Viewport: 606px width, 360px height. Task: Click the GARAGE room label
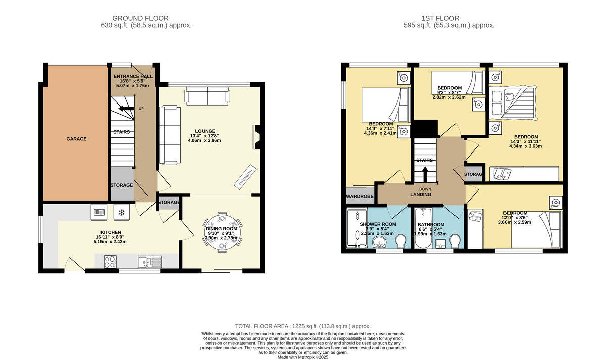pos(76,139)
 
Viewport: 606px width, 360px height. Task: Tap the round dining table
pos(222,232)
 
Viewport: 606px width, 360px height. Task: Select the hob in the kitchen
pos(111,262)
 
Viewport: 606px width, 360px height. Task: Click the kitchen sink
pos(149,262)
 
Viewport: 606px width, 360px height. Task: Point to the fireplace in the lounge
pos(257,137)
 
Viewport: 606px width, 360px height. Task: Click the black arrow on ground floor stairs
pos(127,109)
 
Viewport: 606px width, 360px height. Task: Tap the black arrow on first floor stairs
pos(425,175)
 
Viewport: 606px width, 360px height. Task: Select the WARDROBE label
pos(360,196)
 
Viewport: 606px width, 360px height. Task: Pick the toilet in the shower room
pos(400,241)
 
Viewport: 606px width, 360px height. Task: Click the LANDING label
pos(421,195)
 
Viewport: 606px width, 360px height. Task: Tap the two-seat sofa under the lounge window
pos(208,96)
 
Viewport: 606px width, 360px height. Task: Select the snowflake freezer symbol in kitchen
pos(122,213)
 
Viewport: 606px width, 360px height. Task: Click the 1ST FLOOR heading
pos(440,18)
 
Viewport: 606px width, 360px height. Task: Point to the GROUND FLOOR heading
pos(140,18)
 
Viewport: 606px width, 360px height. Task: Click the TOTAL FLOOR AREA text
pos(302,326)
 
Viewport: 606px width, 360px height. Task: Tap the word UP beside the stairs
pos(141,109)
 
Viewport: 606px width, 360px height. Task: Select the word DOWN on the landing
pos(425,189)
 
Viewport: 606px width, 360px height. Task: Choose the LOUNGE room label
pos(205,131)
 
